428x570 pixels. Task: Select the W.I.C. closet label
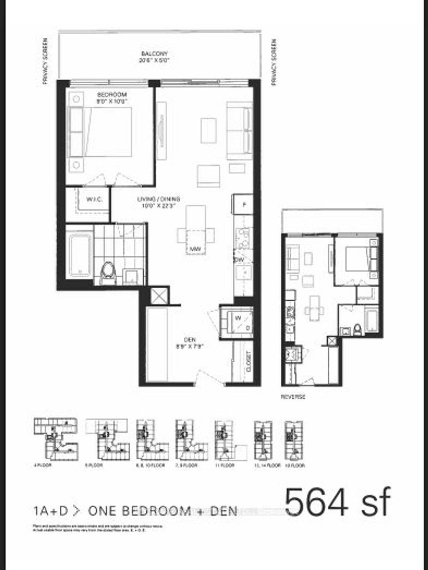coord(92,199)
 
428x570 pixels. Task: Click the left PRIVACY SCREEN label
coord(45,61)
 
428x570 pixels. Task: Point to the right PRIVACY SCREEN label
coord(274,62)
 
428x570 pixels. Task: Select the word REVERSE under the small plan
coord(293,396)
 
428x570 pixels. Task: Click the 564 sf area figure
coord(337,501)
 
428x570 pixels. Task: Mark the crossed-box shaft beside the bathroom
coord(159,296)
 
